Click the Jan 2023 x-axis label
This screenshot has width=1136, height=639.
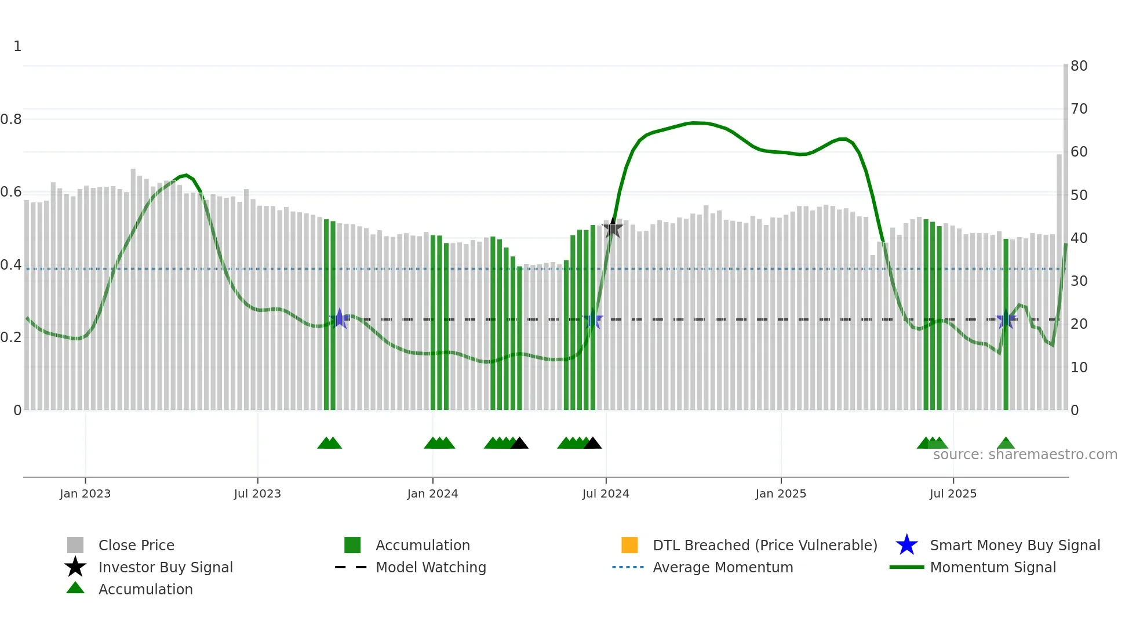85,493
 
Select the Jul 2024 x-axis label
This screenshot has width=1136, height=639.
606,493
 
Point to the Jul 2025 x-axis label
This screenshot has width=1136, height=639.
953,493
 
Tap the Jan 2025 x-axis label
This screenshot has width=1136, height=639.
781,493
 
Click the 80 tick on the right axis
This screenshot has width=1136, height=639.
1079,66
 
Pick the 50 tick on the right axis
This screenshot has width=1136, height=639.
1079,195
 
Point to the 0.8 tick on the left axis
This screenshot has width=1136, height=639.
11,119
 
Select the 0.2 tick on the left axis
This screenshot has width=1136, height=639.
11,337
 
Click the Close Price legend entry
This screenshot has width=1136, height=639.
136,545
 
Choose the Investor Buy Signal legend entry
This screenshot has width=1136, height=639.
165,567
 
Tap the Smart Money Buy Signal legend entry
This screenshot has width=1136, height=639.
1014,545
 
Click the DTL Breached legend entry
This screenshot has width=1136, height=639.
764,545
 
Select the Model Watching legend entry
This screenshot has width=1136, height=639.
431,567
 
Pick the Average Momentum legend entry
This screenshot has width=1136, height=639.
723,567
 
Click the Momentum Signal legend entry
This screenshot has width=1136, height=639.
993,567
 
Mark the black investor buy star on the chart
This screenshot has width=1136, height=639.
613,228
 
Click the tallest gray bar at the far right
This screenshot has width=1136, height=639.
1066,232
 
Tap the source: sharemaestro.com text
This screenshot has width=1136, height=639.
1025,455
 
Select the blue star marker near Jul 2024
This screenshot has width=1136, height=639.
593,319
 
